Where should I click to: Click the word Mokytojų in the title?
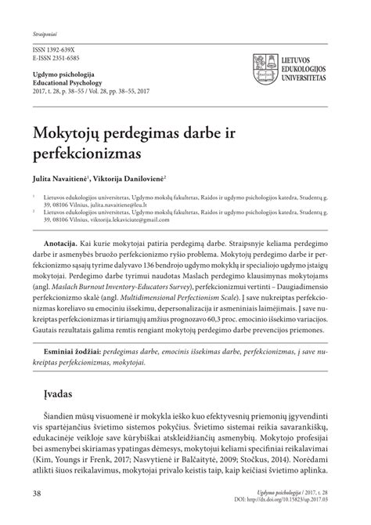[x=72, y=127]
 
